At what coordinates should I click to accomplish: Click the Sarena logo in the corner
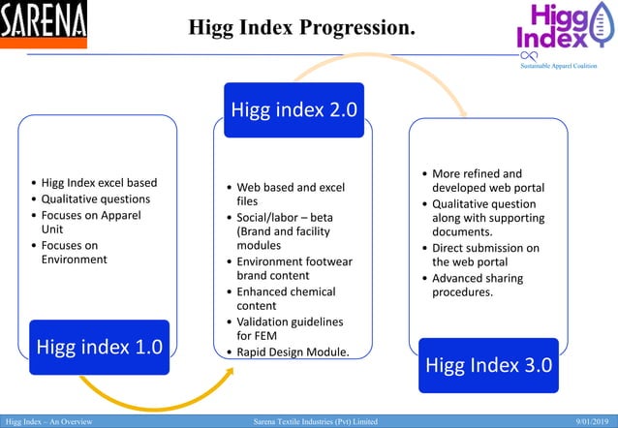[x=44, y=24]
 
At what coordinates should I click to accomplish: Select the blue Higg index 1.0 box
[x=98, y=346]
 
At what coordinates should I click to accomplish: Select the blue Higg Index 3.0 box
[x=488, y=365]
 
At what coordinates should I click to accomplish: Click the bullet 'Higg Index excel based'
[x=98, y=182]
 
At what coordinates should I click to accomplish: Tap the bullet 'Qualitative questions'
[x=95, y=199]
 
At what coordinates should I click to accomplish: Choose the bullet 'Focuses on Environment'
[x=75, y=252]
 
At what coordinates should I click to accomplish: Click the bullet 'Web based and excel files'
[x=291, y=194]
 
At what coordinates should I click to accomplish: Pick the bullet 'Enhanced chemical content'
[x=286, y=298]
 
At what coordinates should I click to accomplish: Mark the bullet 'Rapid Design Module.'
[x=293, y=352]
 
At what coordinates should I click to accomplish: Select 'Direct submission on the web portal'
[x=485, y=255]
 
